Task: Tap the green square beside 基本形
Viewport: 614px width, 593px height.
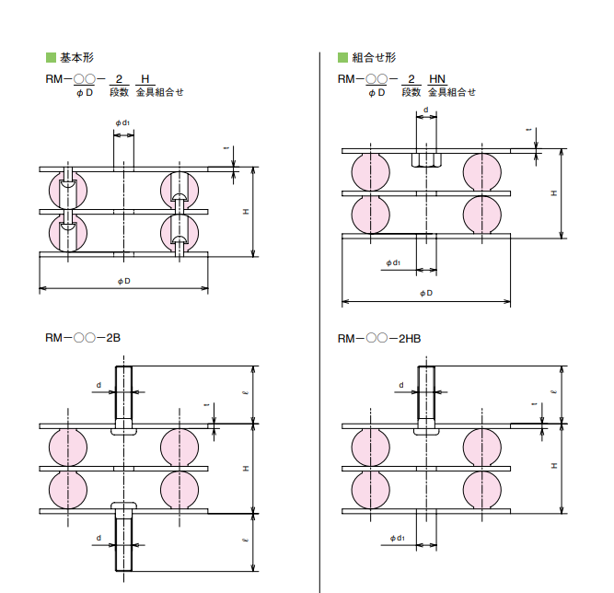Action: click(x=51, y=58)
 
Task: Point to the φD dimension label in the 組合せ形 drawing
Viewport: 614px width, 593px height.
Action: click(x=425, y=294)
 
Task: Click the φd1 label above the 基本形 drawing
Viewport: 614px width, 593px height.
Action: click(x=123, y=122)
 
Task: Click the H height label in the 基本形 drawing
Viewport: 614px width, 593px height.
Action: click(x=246, y=212)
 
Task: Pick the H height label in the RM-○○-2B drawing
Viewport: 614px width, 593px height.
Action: click(x=246, y=469)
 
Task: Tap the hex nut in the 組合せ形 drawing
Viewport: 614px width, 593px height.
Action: click(x=426, y=160)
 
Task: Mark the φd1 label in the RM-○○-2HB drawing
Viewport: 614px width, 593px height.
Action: click(x=397, y=538)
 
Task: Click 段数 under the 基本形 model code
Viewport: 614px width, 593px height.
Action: click(x=120, y=92)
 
